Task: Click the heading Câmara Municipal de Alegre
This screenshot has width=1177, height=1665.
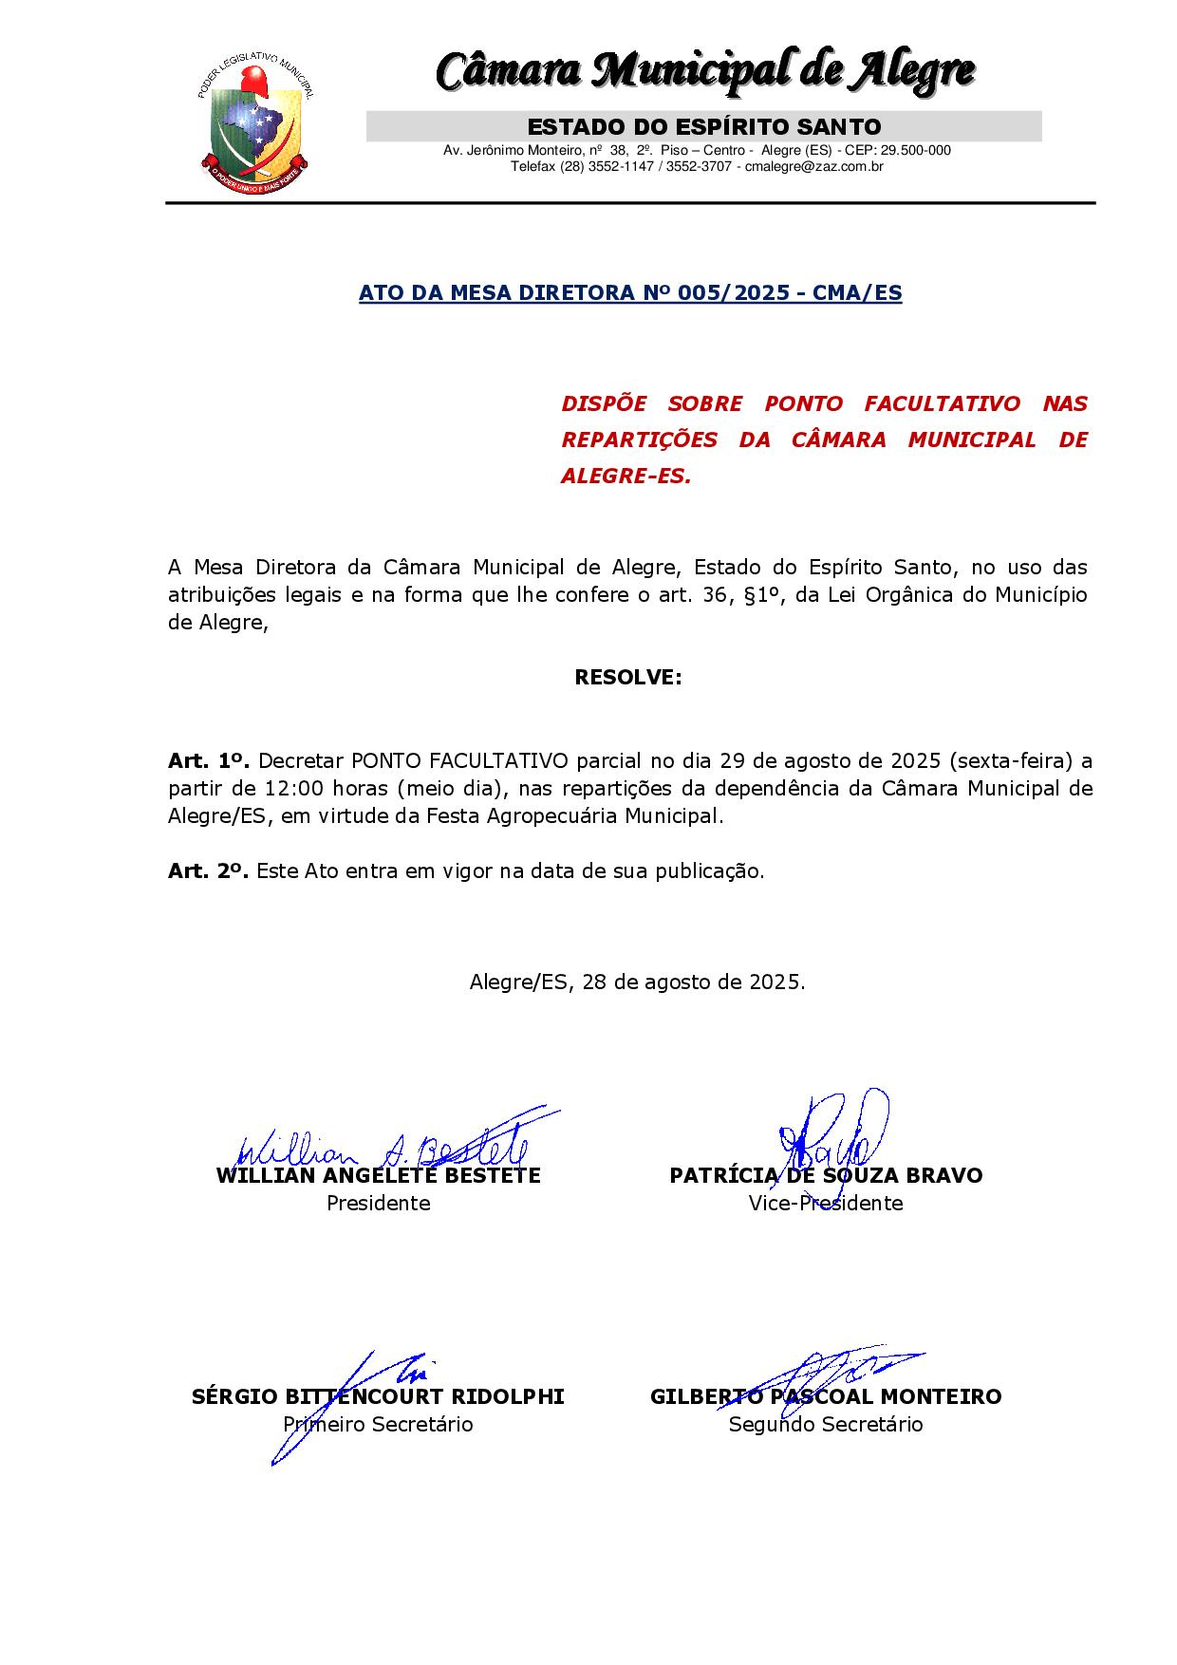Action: [705, 71]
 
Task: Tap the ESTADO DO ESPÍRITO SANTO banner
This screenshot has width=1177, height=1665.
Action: [703, 126]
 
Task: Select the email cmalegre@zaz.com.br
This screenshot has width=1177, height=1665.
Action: [813, 166]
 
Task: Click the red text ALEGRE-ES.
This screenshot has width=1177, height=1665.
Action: [626, 476]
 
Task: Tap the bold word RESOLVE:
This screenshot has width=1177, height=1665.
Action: [627, 678]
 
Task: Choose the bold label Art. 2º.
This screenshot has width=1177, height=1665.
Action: [208, 870]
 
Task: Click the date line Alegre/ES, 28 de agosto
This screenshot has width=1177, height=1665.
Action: [637, 982]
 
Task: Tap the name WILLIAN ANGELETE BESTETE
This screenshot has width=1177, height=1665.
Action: [378, 1175]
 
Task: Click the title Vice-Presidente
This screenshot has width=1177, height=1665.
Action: [825, 1203]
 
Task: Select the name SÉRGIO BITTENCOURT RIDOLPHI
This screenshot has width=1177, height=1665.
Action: [378, 1396]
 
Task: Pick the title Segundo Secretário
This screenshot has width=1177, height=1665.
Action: [825, 1424]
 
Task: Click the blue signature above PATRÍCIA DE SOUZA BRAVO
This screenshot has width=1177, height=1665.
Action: [831, 1134]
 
